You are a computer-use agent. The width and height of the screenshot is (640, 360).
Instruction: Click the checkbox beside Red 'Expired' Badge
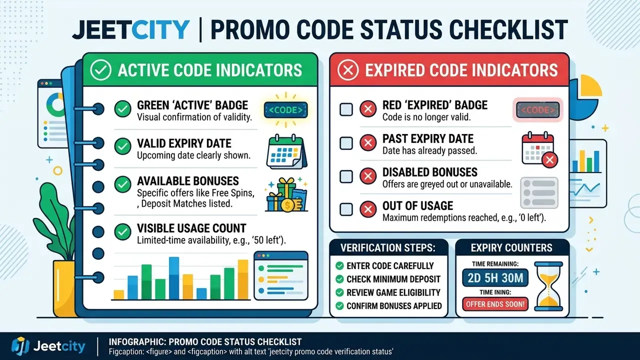346,109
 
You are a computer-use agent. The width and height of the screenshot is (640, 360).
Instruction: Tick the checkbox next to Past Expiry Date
346,143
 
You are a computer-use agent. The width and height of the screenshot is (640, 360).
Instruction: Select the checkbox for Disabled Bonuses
346,176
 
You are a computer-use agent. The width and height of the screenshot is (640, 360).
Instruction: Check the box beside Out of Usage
346,209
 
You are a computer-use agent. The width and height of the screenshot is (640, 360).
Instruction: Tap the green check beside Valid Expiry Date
123,146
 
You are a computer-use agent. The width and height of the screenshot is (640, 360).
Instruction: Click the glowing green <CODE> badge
285,110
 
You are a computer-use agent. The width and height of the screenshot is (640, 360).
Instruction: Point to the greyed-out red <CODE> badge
537,110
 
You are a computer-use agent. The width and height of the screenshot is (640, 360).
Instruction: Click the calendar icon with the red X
539,149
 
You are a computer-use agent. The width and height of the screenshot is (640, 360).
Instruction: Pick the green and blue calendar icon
286,151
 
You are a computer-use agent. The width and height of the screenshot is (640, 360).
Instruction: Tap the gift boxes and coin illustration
286,194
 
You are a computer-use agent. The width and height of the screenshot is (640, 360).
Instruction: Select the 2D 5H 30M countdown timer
495,277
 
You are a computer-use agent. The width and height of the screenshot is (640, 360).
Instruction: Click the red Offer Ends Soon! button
495,304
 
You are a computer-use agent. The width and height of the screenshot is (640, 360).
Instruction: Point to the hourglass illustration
548,286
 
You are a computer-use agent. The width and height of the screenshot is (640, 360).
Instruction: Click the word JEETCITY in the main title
131,29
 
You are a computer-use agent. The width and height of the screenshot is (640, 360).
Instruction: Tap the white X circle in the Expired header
347,70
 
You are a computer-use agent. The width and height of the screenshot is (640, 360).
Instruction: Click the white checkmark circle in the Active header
100,70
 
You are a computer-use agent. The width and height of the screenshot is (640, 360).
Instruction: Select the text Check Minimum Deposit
393,279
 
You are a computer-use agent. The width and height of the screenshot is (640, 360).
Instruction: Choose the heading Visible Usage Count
191,228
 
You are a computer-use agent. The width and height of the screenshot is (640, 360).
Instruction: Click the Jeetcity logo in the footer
48,346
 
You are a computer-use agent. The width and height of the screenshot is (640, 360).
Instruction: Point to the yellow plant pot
64,288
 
